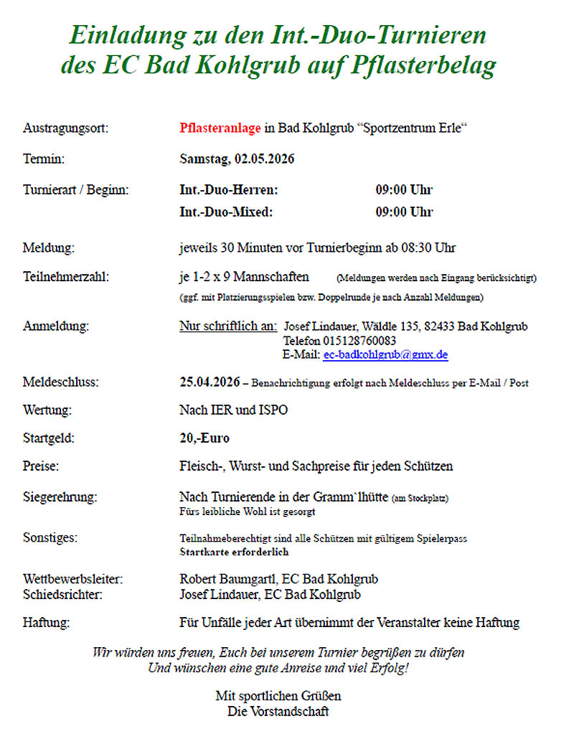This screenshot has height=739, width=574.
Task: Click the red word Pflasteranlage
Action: (x=220, y=128)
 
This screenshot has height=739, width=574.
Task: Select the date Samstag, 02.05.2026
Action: (x=237, y=159)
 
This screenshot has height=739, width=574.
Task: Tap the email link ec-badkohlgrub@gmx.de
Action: (x=385, y=354)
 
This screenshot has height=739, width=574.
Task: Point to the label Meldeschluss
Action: (x=61, y=382)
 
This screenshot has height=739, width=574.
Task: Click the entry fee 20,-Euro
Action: (x=204, y=438)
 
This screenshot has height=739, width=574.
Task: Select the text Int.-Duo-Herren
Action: (x=228, y=190)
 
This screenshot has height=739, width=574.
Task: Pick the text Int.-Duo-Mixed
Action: (x=226, y=212)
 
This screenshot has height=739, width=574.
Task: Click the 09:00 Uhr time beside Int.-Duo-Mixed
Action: (x=404, y=212)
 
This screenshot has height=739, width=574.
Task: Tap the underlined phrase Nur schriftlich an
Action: (x=228, y=326)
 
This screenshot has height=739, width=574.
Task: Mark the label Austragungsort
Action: (x=66, y=128)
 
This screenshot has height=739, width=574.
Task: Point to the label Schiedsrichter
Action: (x=62, y=594)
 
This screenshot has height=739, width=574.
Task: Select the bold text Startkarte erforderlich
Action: (x=234, y=552)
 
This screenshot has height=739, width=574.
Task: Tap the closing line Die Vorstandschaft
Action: (x=278, y=711)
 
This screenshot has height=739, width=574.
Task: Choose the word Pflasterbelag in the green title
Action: (x=423, y=65)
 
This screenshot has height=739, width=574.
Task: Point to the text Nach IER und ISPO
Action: (x=233, y=411)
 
